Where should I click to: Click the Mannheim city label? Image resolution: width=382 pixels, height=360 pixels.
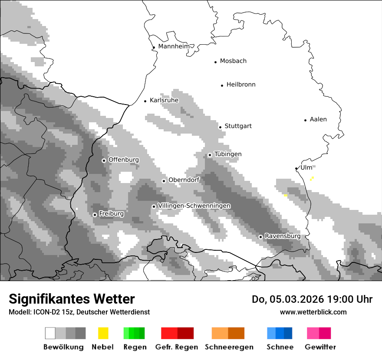(174, 46)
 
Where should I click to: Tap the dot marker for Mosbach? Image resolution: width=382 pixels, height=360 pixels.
(215, 62)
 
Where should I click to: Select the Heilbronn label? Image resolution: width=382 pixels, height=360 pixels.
(241, 85)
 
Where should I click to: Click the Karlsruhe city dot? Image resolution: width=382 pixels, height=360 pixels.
(145, 101)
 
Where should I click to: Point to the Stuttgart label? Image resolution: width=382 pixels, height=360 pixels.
(238, 126)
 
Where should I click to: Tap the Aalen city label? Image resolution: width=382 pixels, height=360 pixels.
(318, 119)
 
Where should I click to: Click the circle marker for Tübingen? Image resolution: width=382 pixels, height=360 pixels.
(210, 155)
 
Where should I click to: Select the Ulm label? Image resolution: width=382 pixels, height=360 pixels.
(306, 167)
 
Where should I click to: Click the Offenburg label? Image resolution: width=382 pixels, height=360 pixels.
(124, 160)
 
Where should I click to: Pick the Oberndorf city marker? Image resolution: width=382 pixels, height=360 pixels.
(164, 181)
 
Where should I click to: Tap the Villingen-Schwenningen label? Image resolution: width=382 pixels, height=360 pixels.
(194, 206)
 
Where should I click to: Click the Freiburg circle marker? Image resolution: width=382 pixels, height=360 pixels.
(95, 215)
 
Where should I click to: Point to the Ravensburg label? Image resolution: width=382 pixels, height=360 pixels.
(283, 236)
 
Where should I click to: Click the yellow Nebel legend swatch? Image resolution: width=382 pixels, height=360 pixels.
(103, 333)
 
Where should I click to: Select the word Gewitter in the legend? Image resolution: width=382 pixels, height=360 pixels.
(320, 347)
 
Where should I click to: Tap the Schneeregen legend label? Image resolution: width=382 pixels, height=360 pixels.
(229, 347)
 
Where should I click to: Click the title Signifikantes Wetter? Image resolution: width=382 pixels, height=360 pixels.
(72, 299)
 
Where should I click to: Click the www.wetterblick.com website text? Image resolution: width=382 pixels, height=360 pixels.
(313, 312)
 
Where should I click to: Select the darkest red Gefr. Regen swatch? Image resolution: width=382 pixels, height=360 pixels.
(185, 333)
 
